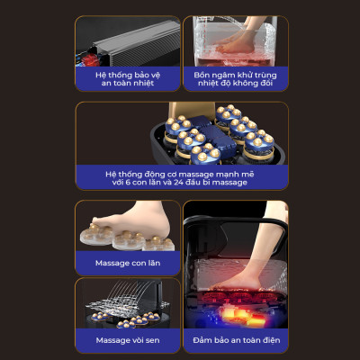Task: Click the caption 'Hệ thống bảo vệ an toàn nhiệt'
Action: click(x=128, y=79)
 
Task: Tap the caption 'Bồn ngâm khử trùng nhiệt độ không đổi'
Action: click(x=235, y=79)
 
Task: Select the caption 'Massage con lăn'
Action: click(x=128, y=263)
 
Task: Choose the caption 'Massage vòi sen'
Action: click(x=128, y=340)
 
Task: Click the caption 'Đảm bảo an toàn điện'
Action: click(x=237, y=340)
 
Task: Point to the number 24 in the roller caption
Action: click(x=179, y=183)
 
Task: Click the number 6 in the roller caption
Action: click(x=128, y=183)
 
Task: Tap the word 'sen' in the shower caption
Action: click(x=152, y=341)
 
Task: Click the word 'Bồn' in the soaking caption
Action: click(x=201, y=75)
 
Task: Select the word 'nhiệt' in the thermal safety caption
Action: click(x=144, y=83)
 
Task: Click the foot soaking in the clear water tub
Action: click(x=237, y=42)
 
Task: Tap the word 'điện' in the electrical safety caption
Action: click(x=271, y=340)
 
